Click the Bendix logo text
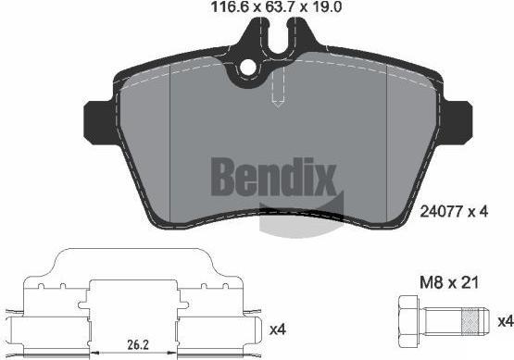(x=274, y=177)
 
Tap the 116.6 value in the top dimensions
(x=232, y=6)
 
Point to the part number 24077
(x=441, y=212)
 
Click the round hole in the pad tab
(x=248, y=68)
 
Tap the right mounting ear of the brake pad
(x=457, y=122)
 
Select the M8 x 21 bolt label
(x=449, y=282)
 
